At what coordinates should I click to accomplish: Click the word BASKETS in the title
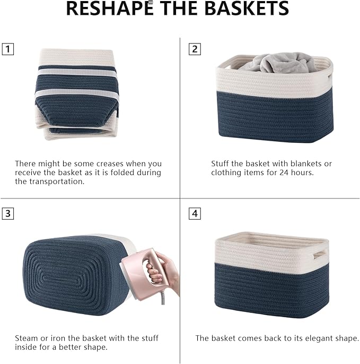[247, 8]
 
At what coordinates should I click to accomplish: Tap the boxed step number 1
[7, 50]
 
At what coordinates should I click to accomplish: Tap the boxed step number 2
[195, 49]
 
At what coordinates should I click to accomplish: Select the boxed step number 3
[7, 214]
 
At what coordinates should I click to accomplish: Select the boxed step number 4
[195, 214]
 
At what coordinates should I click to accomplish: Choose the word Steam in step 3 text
[26, 338]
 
